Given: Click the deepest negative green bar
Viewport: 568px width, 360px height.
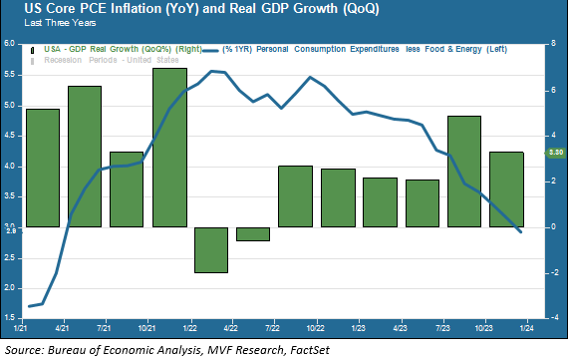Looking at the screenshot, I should tap(211, 249).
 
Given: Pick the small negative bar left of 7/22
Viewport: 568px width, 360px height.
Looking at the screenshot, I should tap(252, 233).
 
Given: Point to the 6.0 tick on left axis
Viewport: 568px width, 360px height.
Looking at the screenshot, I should tap(10, 44).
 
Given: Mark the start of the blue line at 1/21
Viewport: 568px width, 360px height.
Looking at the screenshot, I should tap(29, 306).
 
